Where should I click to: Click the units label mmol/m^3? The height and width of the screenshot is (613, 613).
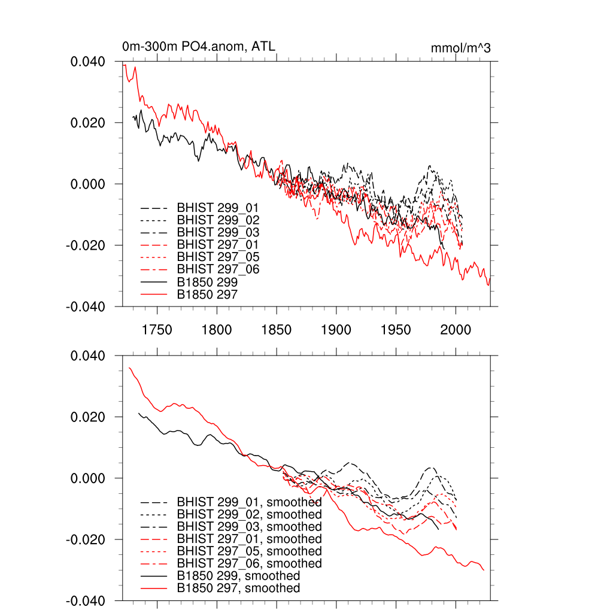(460, 48)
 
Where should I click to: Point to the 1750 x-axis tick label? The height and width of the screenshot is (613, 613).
(157, 330)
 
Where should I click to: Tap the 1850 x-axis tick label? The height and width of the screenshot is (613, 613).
(277, 330)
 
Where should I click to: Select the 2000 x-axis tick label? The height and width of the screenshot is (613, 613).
(456, 330)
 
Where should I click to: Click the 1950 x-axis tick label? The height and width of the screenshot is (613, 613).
(396, 330)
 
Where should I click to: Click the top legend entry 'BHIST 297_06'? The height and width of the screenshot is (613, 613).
(218, 269)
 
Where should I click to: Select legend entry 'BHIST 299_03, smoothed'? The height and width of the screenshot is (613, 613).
(249, 527)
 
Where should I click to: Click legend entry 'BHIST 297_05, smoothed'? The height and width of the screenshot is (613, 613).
(249, 551)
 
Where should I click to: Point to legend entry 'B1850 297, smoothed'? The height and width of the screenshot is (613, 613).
(238, 588)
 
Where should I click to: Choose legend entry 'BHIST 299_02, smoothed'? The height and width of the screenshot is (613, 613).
(249, 514)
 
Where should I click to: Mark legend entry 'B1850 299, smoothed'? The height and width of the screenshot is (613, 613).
(238, 576)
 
